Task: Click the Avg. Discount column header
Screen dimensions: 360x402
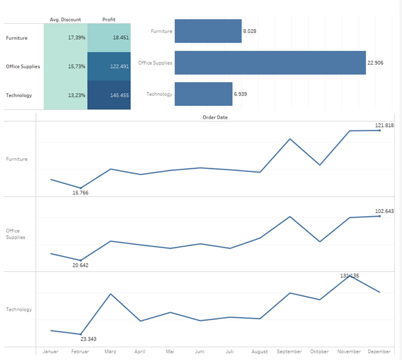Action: tap(65, 20)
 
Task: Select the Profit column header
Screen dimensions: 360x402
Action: tap(109, 20)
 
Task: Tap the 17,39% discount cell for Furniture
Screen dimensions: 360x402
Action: tap(65, 38)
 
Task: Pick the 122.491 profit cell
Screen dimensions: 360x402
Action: tap(109, 67)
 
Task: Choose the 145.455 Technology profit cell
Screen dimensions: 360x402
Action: tap(109, 95)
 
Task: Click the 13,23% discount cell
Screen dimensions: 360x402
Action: tap(65, 95)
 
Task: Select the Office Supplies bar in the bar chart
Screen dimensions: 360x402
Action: tap(270, 63)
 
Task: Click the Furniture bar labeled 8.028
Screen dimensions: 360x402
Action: tap(208, 31)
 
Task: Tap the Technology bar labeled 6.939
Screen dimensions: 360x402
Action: tap(203, 94)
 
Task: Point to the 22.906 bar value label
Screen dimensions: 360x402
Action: tap(376, 63)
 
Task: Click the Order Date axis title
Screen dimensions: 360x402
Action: tap(215, 117)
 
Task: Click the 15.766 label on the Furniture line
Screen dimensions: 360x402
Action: tap(81, 193)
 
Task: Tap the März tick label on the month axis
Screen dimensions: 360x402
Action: tap(110, 352)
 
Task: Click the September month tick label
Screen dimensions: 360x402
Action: tap(289, 352)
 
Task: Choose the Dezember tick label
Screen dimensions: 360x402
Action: tap(379, 352)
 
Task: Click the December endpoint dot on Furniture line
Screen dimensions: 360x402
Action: tap(379, 131)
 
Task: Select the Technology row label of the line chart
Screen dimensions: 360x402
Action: tap(19, 310)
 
